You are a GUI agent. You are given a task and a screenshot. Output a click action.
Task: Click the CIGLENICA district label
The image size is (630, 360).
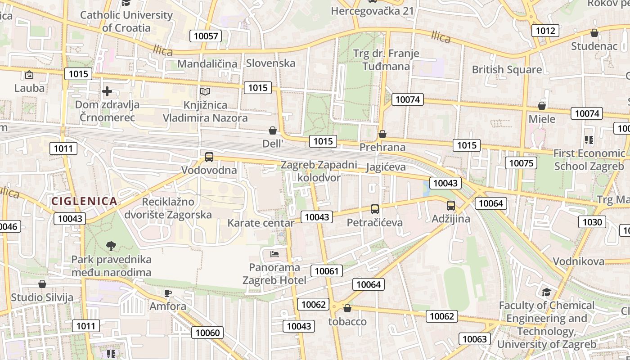pyautogui.click(x=84, y=201)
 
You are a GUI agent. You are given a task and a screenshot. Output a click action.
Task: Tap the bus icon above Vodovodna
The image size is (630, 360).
pyautogui.click(x=209, y=157)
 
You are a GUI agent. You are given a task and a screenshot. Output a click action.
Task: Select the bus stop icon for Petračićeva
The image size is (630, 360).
pyautogui.click(x=375, y=209)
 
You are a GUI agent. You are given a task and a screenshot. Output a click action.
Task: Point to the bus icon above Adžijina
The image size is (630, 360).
pyautogui.click(x=451, y=206)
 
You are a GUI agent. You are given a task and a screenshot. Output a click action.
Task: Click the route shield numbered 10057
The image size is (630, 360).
pyautogui.click(x=206, y=36)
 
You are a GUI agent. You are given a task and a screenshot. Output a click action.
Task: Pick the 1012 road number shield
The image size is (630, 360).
pyautogui.click(x=545, y=31)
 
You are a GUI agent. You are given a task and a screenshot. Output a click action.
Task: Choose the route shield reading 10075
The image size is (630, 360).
pyautogui.click(x=521, y=162)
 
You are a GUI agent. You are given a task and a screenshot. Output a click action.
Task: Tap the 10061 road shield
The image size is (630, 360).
pyautogui.click(x=326, y=271)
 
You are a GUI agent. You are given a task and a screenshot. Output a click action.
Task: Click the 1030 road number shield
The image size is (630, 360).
pyautogui.click(x=592, y=222)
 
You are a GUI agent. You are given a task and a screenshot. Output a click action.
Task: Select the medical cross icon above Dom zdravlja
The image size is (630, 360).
pyautogui.click(x=107, y=92)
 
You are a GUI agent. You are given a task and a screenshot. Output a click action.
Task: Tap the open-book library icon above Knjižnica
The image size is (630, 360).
pyautogui.click(x=205, y=92)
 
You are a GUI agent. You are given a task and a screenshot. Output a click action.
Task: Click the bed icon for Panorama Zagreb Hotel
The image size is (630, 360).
pyautogui.click(x=274, y=254)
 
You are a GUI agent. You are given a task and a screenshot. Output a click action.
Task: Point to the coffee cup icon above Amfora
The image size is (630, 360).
pyautogui.click(x=168, y=293)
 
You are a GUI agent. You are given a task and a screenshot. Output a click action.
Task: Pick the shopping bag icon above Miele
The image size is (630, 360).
pyautogui.click(x=542, y=106)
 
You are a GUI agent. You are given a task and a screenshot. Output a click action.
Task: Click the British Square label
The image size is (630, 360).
pyautogui.click(x=507, y=70)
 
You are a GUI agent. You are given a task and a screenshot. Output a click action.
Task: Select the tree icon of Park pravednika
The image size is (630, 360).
pyautogui.click(x=111, y=246)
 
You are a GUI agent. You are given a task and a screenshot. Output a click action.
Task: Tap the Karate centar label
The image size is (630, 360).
pyautogui.click(x=261, y=223)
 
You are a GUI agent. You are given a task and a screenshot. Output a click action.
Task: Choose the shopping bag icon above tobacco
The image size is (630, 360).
pyautogui.click(x=347, y=308)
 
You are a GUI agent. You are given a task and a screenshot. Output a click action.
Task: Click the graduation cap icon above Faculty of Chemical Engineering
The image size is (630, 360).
pyautogui.click(x=546, y=292)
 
